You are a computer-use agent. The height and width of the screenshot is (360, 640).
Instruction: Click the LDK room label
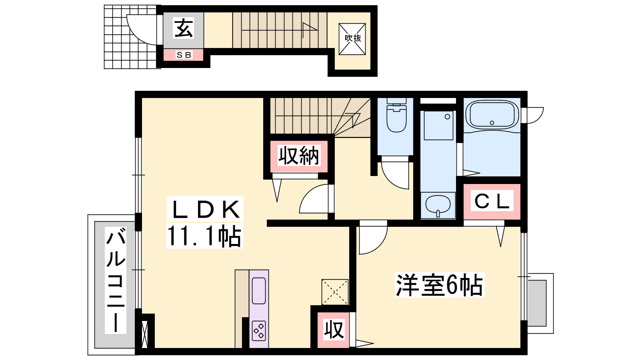tap(205, 209)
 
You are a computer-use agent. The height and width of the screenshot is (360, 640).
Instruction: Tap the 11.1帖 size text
tap(204, 236)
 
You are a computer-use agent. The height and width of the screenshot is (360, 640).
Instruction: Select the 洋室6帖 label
tap(440, 284)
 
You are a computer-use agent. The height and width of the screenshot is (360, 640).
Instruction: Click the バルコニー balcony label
tap(116, 280)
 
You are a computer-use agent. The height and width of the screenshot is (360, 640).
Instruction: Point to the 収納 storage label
tap(298, 156)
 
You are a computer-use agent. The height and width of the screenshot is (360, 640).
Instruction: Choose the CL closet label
tap(492, 201)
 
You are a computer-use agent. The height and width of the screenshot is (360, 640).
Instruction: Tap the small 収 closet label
tap(334, 330)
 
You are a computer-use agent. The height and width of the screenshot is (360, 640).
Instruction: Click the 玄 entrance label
tap(184, 28)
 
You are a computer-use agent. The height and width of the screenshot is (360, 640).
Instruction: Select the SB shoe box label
tap(184, 54)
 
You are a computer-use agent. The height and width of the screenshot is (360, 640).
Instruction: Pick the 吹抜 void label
tap(352, 38)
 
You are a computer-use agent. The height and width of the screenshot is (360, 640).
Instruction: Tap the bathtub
tap(492, 114)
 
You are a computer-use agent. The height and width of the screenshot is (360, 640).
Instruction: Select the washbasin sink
tap(438, 205)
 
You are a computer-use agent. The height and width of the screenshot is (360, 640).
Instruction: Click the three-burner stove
tap(259, 331)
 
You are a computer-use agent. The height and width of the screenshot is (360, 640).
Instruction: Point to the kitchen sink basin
tap(259, 291)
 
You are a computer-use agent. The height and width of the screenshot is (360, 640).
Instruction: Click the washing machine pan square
tap(438, 126)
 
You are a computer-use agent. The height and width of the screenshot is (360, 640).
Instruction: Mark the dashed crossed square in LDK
tap(335, 292)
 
